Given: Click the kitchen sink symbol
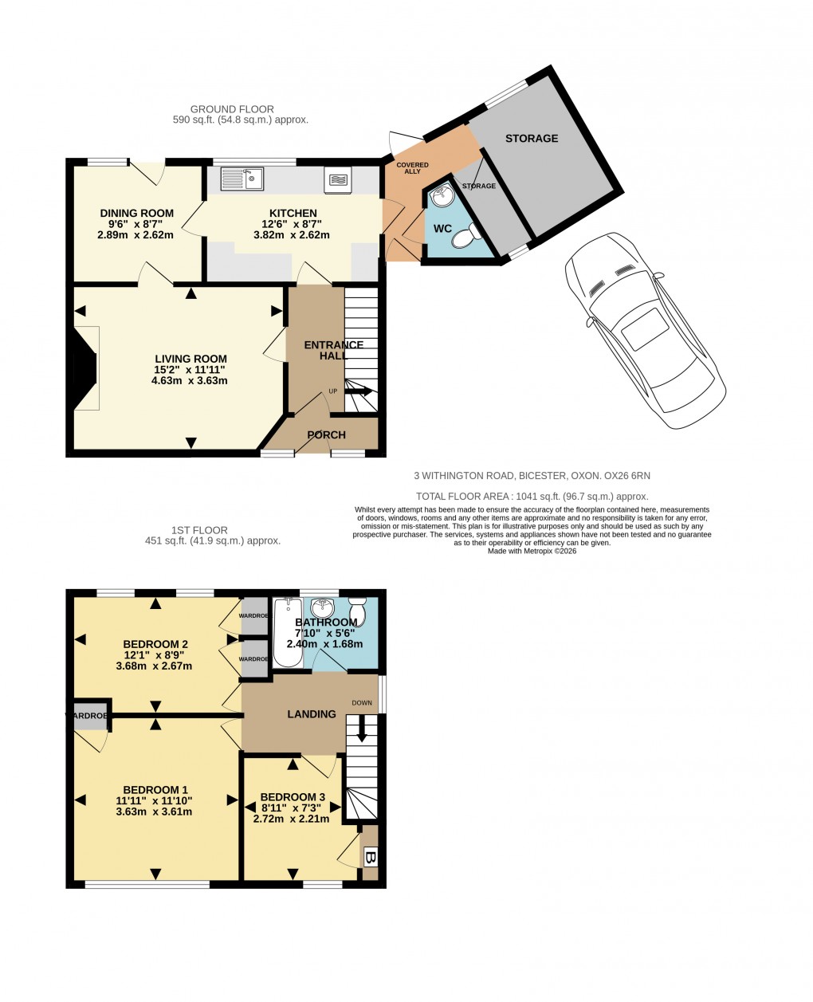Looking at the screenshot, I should click(242, 179).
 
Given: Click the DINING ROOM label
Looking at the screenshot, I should click(136, 213).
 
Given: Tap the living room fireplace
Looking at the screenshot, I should click(86, 368).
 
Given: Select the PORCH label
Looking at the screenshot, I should click(327, 435).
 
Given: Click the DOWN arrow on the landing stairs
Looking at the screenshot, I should click(362, 728).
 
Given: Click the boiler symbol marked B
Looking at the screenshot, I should click(370, 859).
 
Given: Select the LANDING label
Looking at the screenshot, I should click(311, 714).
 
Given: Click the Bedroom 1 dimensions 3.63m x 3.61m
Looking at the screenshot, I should click(154, 812).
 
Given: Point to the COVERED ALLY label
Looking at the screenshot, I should click(412, 168).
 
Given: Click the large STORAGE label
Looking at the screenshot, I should click(532, 139).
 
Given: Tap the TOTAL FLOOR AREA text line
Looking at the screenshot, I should click(532, 497).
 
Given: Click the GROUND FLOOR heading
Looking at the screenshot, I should click(232, 109).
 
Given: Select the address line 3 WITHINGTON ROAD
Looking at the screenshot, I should click(532, 476).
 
